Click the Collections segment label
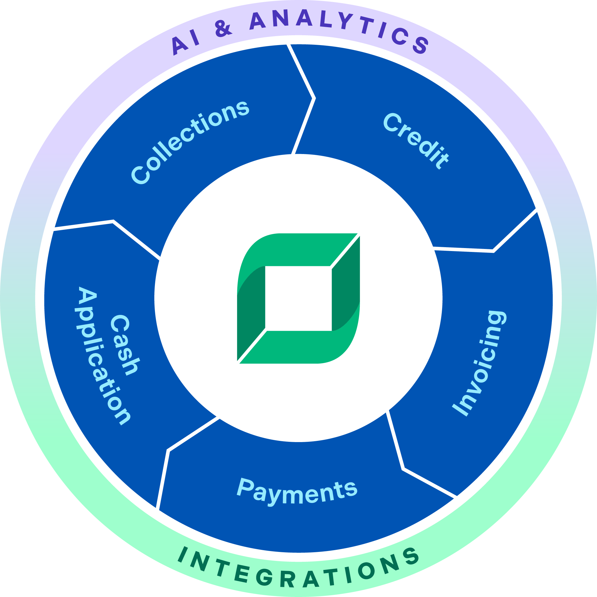[190, 143]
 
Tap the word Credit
[416, 141]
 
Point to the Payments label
[297, 491]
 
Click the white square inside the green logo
[298, 298]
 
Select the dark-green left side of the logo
[251, 312]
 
